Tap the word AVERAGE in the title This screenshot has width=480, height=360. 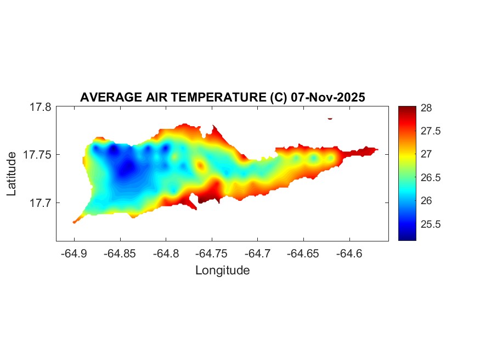pos(105,98)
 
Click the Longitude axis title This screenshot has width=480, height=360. pos(222,270)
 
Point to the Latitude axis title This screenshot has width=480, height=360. pos(12,174)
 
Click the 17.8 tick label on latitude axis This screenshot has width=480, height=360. pos(41,108)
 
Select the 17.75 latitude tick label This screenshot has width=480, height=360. pos(38,155)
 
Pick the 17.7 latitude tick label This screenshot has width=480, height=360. pos(41,203)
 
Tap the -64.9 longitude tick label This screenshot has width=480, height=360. pos(74,254)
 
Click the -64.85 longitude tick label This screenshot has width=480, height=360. pos(120,254)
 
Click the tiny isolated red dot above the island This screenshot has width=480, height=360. pos(330,118)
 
